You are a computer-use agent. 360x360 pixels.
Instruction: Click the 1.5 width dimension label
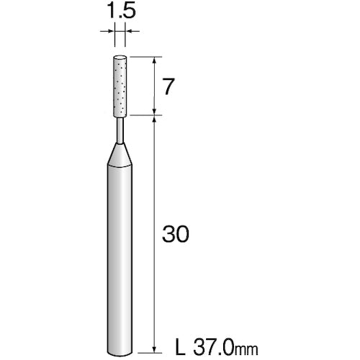pos(121,11)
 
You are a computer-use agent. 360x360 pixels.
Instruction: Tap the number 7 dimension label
pos(168,86)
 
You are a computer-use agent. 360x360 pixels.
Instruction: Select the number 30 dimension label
pos(176,234)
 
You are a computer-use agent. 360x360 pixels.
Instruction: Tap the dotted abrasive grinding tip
pos(120,86)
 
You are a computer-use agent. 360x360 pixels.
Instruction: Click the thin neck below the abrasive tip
pos(120,130)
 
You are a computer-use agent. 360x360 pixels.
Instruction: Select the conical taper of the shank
pos(120,155)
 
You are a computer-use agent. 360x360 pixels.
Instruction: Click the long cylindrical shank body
pos(120,257)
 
